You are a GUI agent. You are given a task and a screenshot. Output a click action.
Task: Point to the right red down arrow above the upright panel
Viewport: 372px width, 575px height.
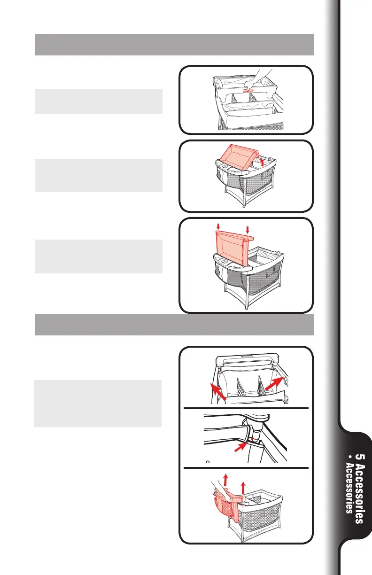click(248, 229)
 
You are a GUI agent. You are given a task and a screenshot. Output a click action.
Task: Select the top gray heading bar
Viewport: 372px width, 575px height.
click(174, 44)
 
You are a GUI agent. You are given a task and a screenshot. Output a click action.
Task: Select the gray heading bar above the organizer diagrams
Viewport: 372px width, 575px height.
click(174, 325)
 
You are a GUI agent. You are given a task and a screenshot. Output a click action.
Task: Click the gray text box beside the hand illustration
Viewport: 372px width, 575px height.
click(99, 101)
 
